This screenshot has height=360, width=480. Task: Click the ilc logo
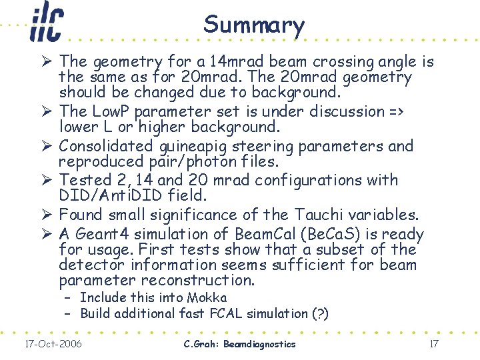point(46,23)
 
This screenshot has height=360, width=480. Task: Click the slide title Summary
point(254,25)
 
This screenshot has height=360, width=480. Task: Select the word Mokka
point(207,297)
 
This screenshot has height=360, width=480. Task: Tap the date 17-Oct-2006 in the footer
point(53,344)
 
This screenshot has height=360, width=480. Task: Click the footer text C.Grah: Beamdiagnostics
point(239,344)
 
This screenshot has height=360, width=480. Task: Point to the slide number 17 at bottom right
point(433,344)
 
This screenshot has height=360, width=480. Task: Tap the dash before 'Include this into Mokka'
point(68,297)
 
